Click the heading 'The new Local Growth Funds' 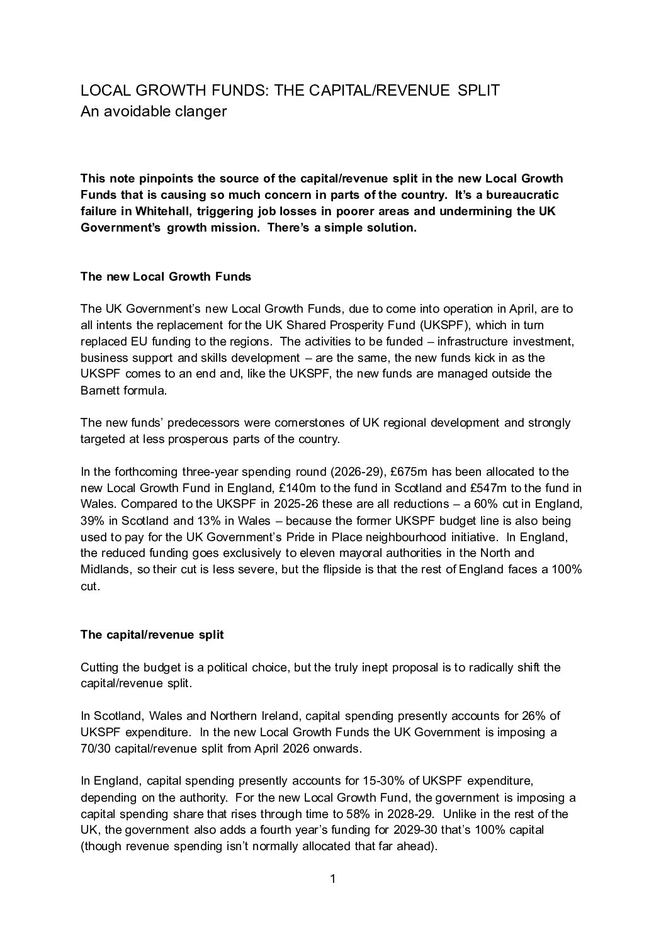[x=166, y=276]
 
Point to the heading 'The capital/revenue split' [x=152, y=634]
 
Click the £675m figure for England [x=411, y=472]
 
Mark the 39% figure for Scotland [x=92, y=521]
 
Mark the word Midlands [x=104, y=570]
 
